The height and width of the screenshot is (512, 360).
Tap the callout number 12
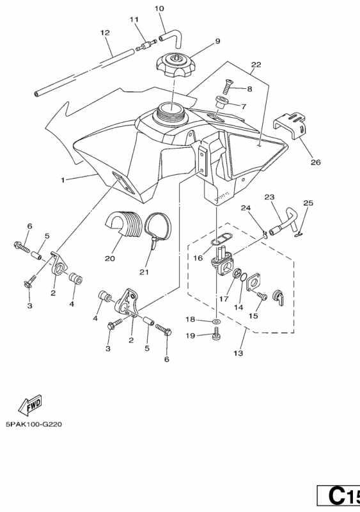(x=105, y=33)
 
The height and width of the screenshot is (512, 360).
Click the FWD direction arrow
(x=29, y=405)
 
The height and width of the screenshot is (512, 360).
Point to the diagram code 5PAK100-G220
(x=34, y=424)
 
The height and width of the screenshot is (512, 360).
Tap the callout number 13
(x=239, y=353)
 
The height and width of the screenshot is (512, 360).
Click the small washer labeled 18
(x=215, y=322)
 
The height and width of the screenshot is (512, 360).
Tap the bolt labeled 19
(x=215, y=336)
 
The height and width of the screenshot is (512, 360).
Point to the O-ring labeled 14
(x=243, y=277)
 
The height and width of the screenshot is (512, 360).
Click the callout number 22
(x=256, y=65)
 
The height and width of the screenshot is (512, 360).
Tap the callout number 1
(x=63, y=180)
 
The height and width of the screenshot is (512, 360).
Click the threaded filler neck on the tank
(x=171, y=115)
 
